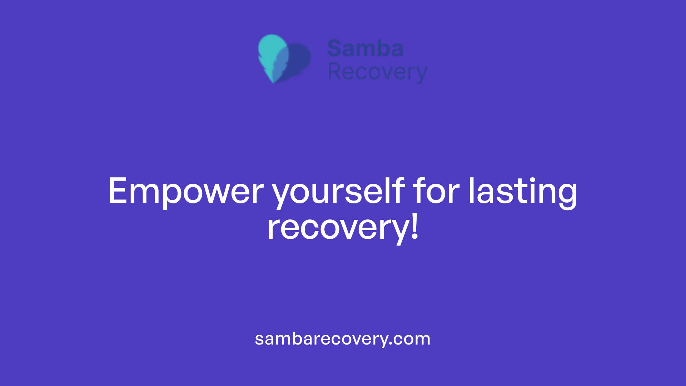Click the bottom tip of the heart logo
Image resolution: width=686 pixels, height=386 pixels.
tap(274, 81)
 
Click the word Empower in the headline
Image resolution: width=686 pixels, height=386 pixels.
tap(186, 192)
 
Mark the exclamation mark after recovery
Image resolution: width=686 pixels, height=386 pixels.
tap(414, 226)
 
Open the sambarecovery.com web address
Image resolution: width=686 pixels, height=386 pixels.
tap(343, 339)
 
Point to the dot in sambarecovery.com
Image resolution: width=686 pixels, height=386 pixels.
tap(391, 344)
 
